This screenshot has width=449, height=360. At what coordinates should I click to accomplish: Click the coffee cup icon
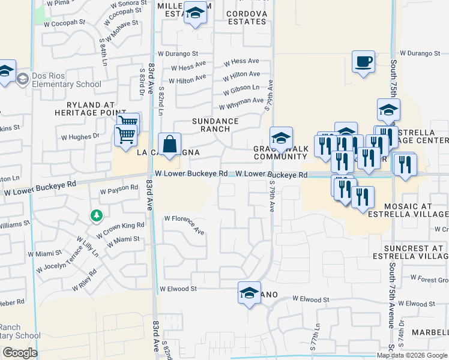pyautogui.click(x=363, y=62)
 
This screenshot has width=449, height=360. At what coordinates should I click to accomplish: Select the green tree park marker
pyautogui.click(x=95, y=214)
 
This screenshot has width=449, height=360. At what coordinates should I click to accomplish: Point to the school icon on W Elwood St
pyautogui.click(x=249, y=293)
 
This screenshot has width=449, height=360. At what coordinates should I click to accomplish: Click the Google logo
pyautogui.click(x=19, y=353)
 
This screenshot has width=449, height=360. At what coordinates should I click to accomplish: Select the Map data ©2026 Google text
pyautogui.click(x=412, y=355)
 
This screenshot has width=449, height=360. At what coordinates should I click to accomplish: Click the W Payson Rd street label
pyautogui.click(x=119, y=191)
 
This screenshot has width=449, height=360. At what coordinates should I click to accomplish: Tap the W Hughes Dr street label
pyautogui.click(x=80, y=136)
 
